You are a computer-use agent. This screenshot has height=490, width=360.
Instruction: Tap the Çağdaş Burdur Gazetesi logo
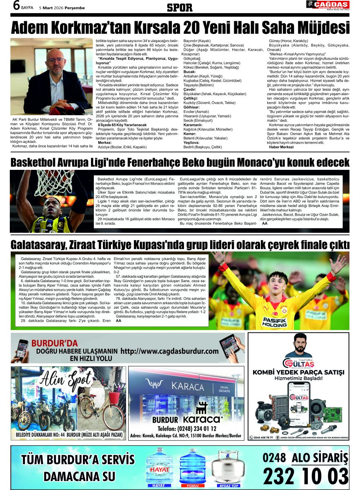(328, 5)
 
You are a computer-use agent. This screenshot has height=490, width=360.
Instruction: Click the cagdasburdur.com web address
(169, 351)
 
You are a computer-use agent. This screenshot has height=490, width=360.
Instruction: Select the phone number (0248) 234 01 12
(186, 429)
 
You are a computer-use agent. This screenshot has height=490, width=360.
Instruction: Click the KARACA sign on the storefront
(188, 386)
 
